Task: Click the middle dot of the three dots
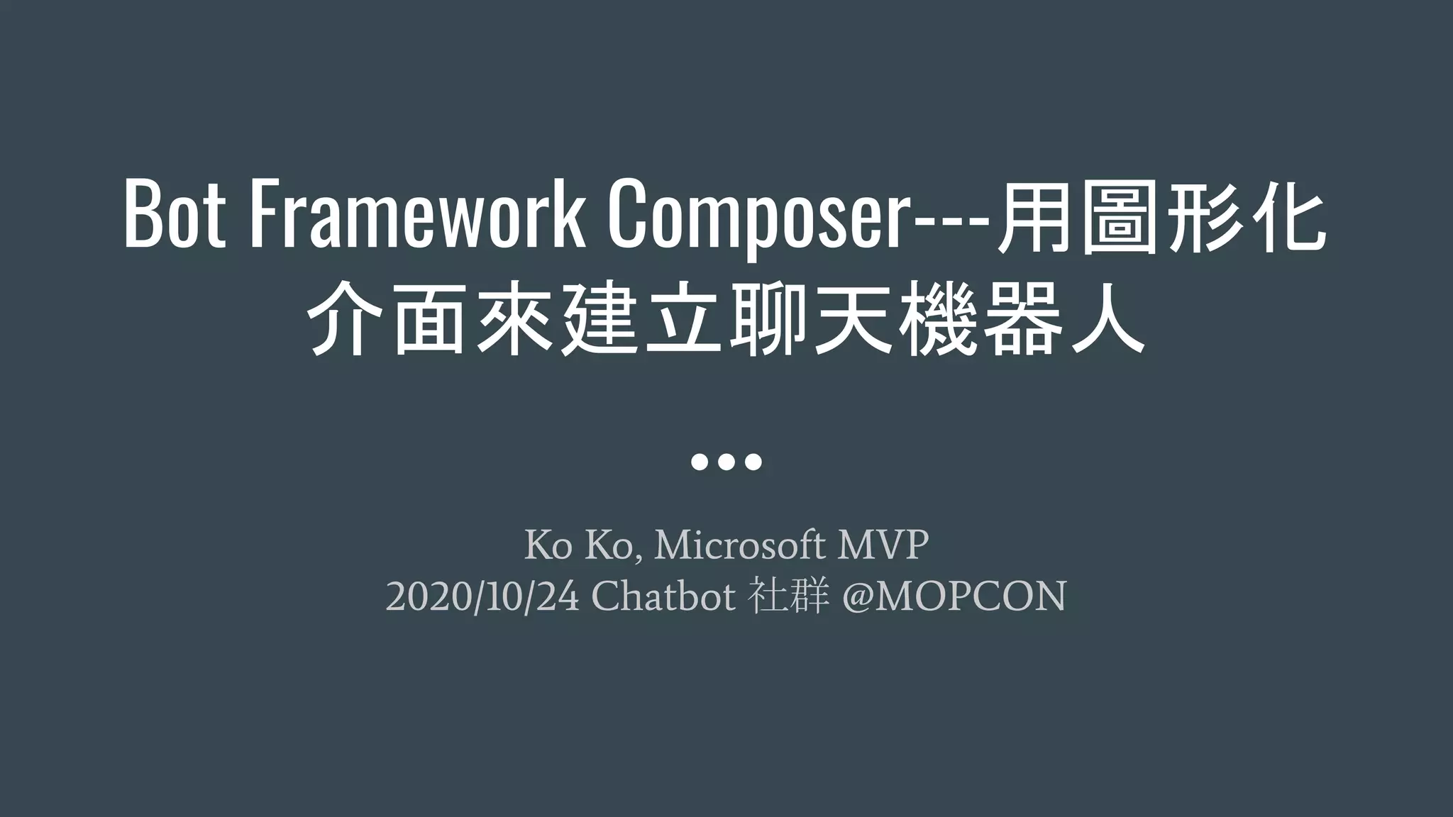click(x=726, y=462)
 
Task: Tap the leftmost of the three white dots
click(x=699, y=462)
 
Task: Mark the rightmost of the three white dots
click(x=754, y=462)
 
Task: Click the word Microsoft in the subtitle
click(x=739, y=545)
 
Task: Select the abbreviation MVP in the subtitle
click(x=883, y=545)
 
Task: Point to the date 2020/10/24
click(x=482, y=596)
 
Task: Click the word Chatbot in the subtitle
click(x=663, y=596)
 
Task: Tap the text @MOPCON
click(x=954, y=596)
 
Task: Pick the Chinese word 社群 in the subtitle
click(x=788, y=596)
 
